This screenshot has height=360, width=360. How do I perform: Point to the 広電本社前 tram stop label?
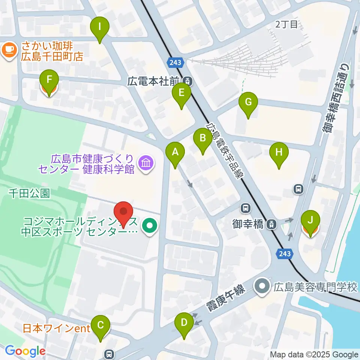155,81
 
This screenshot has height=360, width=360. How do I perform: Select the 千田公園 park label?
29,193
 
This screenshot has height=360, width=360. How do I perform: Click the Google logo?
25,351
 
